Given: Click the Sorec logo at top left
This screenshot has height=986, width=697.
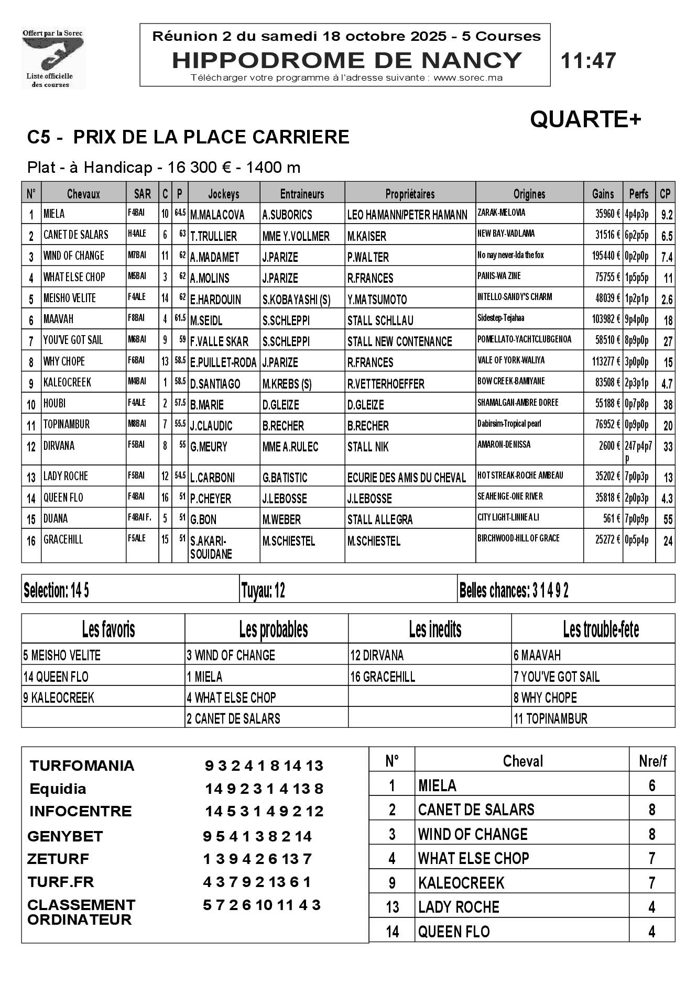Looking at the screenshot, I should [x=53, y=58].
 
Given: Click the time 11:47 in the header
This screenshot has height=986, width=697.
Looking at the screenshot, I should [x=588, y=61].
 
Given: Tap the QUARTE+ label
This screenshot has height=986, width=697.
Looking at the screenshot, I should [x=585, y=119].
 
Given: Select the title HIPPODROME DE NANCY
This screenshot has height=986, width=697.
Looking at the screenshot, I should [x=347, y=60].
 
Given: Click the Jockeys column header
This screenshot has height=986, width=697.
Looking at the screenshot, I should [x=224, y=194].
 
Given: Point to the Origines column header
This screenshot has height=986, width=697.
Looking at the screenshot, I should [x=529, y=194].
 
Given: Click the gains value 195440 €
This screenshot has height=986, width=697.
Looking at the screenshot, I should [x=603, y=256].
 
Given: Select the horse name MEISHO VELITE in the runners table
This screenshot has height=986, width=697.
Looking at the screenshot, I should [x=70, y=298].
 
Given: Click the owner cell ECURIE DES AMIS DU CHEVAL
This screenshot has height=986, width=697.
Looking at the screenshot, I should [x=406, y=478].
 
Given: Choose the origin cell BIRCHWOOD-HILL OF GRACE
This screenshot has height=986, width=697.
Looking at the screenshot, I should [x=518, y=538].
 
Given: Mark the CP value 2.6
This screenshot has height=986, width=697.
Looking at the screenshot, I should [x=667, y=300].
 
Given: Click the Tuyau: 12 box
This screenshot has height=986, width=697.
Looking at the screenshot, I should [x=263, y=591].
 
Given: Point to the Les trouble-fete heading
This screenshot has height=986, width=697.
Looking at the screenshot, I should [x=601, y=629].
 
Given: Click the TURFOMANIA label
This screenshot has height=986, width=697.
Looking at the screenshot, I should [x=82, y=766].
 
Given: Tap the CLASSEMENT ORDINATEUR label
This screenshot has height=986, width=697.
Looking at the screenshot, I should [x=81, y=912].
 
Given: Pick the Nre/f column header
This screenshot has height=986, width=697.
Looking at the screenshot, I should [x=652, y=761].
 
